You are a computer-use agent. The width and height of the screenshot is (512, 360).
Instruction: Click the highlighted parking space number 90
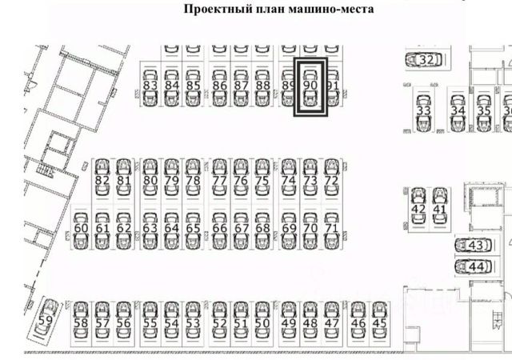click(311, 86)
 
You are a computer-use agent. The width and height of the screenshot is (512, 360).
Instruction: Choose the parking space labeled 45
click(379, 322)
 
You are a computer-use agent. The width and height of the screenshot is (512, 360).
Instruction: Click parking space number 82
click(102, 180)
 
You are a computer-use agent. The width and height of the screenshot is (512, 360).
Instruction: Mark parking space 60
click(80, 227)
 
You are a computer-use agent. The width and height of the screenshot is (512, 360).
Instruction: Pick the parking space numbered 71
click(332, 227)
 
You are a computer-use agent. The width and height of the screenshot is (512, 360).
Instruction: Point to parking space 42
click(418, 208)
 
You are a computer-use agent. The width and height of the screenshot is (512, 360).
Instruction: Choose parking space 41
click(439, 208)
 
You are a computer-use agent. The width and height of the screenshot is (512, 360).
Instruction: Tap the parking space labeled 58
click(80, 322)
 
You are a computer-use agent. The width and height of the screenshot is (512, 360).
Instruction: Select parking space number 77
click(219, 180)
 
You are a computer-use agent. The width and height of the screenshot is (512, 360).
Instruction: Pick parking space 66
click(219, 227)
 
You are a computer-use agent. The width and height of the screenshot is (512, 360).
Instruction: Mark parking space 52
click(219, 322)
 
